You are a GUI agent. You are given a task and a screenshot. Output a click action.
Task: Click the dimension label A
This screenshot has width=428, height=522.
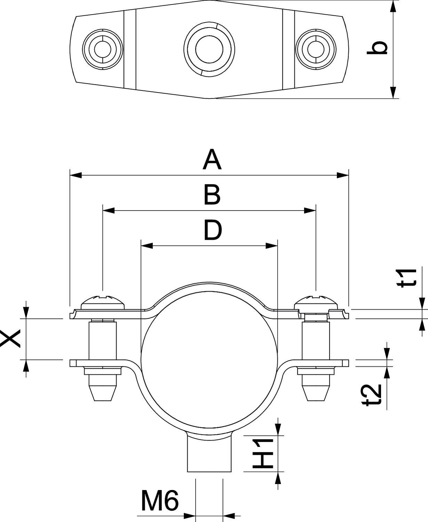pos(212,160)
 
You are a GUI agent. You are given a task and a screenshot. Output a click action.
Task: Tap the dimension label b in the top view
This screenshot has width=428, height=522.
pos(377,48)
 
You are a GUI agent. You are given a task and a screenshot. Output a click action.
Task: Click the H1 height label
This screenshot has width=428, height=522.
pos(262,453)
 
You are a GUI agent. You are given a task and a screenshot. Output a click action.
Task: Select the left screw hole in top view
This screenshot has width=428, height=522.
pos(103,49)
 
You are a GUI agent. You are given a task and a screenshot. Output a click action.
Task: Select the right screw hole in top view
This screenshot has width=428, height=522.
pos(316,49)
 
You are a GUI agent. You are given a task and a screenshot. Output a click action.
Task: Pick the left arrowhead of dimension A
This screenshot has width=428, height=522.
pos(76,175)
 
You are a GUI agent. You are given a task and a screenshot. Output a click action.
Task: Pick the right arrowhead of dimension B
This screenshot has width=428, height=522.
pos(310,210)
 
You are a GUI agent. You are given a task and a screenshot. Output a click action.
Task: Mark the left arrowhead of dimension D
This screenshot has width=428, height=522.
pos(146,246)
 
